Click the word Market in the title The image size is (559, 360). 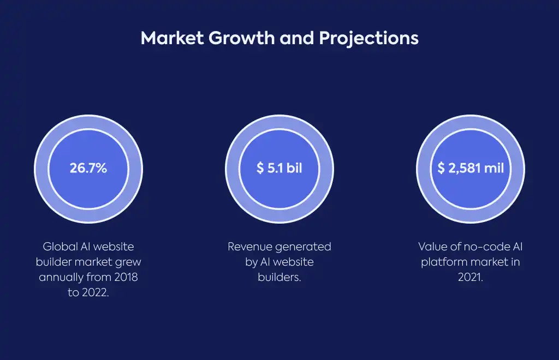click(172, 38)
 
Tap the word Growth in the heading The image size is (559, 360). click(241, 38)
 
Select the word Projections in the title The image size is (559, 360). click(368, 39)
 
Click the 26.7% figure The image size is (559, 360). click(88, 168)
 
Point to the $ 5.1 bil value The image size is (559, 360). click(279, 168)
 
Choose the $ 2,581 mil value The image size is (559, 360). click(471, 168)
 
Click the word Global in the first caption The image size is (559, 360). click(60, 247)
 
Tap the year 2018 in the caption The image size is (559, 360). click(126, 277)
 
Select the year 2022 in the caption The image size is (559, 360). click(95, 292)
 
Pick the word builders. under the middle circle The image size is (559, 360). click(279, 277)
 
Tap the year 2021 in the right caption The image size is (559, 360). click(470, 277)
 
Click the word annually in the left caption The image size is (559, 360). click(61, 278)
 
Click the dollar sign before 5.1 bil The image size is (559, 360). click(260, 168)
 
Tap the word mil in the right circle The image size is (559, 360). click(494, 168)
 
